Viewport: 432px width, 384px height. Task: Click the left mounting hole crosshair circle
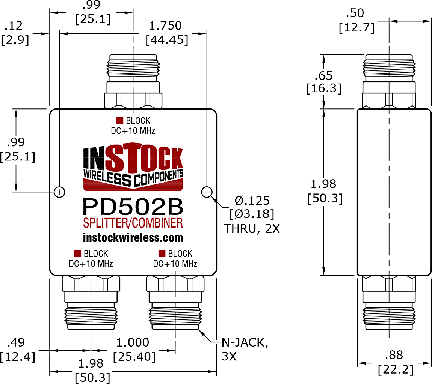[59, 192]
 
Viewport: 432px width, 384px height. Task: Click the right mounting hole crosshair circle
[207, 192]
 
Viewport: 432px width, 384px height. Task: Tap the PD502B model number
[133, 207]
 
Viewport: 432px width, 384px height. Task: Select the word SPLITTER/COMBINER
[133, 223]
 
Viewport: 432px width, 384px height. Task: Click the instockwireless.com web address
[133, 237]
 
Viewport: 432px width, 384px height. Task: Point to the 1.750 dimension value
[165, 26]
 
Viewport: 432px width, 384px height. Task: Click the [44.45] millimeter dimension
[167, 40]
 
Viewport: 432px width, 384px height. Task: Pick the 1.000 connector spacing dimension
[133, 342]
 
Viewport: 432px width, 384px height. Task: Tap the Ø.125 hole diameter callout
[252, 201]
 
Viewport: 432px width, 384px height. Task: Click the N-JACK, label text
[245, 343]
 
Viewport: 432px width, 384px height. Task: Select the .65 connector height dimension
[323, 76]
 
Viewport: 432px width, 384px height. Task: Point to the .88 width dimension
[394, 355]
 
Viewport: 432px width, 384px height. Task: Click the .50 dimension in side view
[355, 13]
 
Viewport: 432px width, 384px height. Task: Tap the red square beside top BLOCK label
[120, 120]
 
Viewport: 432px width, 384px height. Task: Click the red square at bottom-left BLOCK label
[78, 253]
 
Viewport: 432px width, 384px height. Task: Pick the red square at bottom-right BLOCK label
[162, 253]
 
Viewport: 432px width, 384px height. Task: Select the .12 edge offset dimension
[14, 26]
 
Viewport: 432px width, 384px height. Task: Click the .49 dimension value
[16, 342]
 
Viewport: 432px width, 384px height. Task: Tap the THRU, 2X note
[252, 229]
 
